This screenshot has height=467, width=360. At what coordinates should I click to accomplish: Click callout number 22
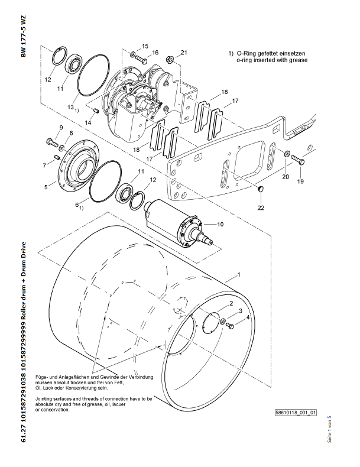click(x=261, y=207)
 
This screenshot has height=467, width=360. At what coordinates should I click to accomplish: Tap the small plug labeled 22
click(x=261, y=189)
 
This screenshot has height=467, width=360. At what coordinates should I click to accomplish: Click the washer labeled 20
click(x=286, y=154)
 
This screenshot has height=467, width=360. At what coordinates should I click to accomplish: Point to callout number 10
click(x=220, y=224)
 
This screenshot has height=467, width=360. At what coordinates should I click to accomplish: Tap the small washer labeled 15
click(x=132, y=54)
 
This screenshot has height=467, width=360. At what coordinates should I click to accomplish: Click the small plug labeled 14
click(x=96, y=111)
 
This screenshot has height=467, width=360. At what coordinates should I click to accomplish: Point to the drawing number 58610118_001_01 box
click(x=296, y=412)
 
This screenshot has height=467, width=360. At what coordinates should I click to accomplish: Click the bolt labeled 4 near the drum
click(x=230, y=326)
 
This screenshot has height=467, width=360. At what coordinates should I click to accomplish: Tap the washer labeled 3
click(x=223, y=321)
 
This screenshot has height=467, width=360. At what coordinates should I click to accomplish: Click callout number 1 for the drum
click(x=238, y=274)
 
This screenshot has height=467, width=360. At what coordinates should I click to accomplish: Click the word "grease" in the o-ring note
click(x=299, y=60)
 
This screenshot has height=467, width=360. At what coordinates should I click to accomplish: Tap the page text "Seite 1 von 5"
click(x=329, y=429)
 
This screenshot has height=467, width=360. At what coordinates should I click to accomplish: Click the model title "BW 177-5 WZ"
click(x=24, y=36)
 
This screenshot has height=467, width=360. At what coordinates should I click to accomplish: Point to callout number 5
click(x=46, y=187)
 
